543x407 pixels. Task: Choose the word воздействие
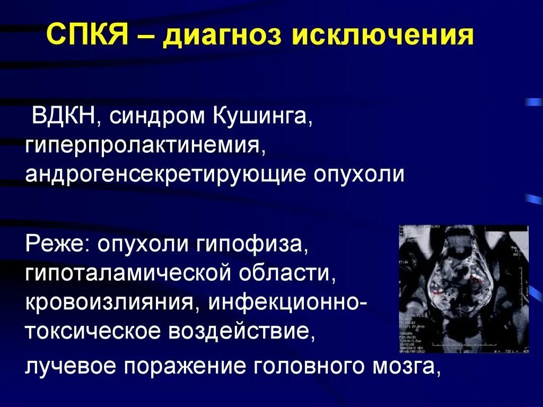[x=239, y=332]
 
